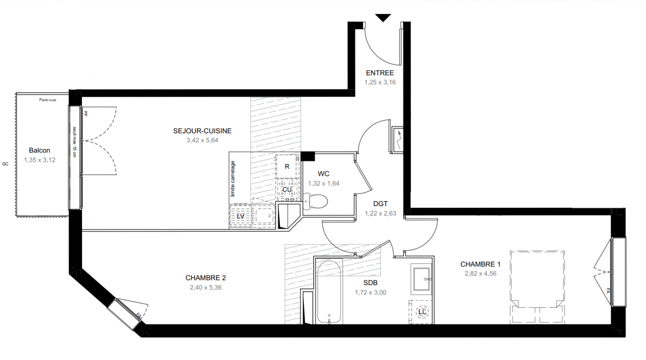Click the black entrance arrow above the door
pos(383,18)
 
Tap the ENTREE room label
pos(380,73)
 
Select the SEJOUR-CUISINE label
pos(202,131)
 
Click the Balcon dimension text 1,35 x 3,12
pos(40,160)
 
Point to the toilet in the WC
pos(315,201)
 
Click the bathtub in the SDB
pos(329,292)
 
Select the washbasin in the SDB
pos(421,279)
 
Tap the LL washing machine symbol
pos(422,312)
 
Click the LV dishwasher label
pos(240,216)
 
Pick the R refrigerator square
pos(287,166)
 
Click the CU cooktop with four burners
pos(287,189)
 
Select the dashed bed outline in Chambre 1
pos(537,287)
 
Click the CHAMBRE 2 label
pos(206,278)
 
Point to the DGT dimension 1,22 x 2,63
pos(380,214)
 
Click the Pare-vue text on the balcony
pos(48,100)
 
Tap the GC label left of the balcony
pos(5,164)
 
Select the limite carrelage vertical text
pos(233,179)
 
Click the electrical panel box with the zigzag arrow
pos(397,139)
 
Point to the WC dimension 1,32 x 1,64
pos(324,184)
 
